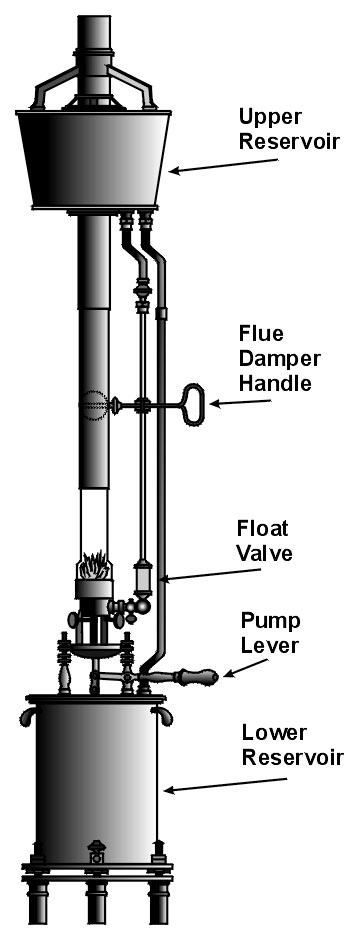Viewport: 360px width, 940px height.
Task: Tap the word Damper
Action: click(x=280, y=358)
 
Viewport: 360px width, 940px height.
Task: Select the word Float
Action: click(x=263, y=528)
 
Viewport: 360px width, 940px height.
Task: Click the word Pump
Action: click(x=270, y=621)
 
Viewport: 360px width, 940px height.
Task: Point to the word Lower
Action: click(x=274, y=732)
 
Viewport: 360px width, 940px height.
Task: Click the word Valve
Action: click(x=265, y=552)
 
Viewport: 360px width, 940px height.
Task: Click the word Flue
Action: click(x=261, y=332)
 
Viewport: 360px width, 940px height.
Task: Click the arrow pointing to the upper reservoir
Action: click(x=224, y=165)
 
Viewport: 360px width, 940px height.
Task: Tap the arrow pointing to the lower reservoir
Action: click(x=226, y=785)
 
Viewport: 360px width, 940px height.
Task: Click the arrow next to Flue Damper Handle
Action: click(x=240, y=403)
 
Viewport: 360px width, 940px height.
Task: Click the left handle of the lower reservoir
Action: click(x=27, y=716)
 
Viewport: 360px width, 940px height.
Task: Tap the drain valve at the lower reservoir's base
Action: click(x=96, y=852)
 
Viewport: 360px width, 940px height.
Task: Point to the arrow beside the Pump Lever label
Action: click(x=246, y=668)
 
